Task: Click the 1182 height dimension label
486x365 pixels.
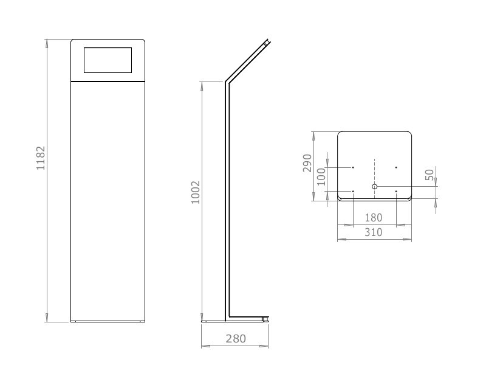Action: pos(41,158)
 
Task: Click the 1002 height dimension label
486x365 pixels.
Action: pos(196,192)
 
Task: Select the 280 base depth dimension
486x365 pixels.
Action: pos(235,339)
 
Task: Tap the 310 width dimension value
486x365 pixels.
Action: pos(374,232)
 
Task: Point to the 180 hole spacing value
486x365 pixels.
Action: pos(374,218)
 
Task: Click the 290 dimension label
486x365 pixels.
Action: pos(307,163)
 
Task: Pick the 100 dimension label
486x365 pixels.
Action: pos(321,177)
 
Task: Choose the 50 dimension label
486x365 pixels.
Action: pos(430,175)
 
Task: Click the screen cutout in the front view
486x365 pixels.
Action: pos(108,61)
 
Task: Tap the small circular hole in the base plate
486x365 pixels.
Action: pos(374,187)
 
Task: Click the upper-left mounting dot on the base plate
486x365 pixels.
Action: pos(353,167)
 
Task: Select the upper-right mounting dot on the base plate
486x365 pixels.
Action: pos(396,167)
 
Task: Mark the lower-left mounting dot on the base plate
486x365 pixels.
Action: pos(353,192)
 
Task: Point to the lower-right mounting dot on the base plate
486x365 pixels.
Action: pos(396,192)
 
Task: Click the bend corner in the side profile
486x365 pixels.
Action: pos(227,82)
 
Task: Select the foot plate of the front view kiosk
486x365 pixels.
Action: pos(108,321)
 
